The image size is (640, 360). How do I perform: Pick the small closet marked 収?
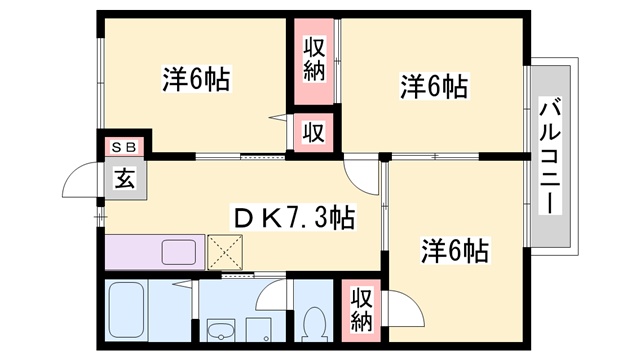313,132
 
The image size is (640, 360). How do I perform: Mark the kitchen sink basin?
181,251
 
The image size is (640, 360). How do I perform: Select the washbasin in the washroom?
219,330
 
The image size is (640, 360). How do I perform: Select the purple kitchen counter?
155,251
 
